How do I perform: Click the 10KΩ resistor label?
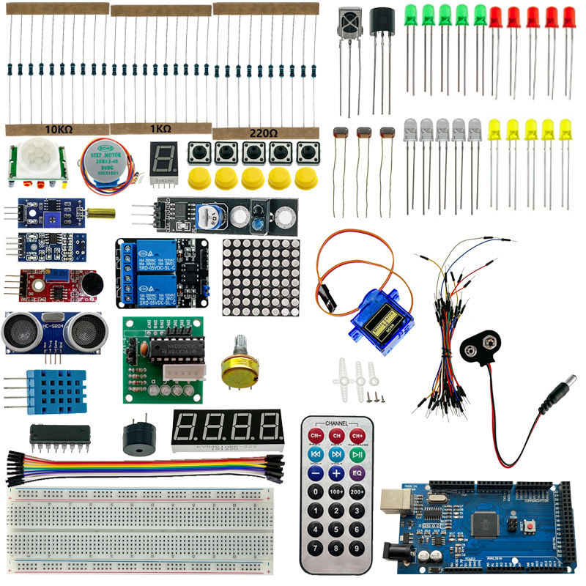pos(59,130)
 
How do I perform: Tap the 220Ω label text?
pos(263,134)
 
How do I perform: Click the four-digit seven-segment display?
pos(227,429)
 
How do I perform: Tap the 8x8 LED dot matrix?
pos(262,276)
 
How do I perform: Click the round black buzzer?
pos(137,439)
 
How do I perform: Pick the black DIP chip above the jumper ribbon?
pos(60,436)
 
